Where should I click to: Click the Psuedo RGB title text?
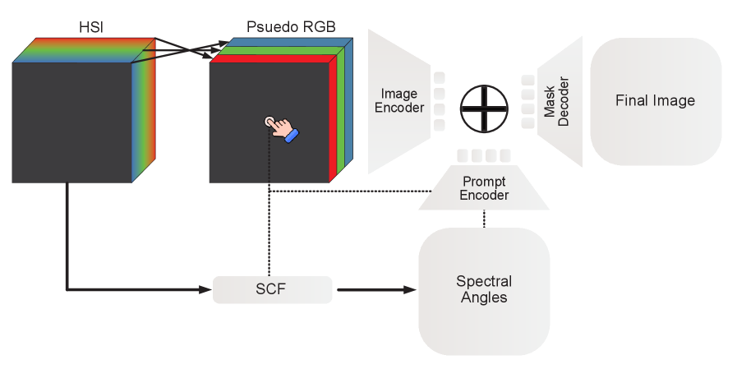pyautogui.click(x=291, y=25)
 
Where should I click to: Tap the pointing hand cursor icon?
pyautogui.click(x=282, y=129)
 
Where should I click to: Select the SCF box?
pyautogui.click(x=272, y=289)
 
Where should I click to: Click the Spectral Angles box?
pyautogui.click(x=484, y=290)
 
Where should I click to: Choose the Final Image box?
pyautogui.click(x=655, y=100)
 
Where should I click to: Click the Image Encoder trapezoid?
pyautogui.click(x=398, y=101)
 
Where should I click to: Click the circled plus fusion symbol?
pyautogui.click(x=484, y=108)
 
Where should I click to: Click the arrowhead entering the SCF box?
pyautogui.click(x=206, y=289)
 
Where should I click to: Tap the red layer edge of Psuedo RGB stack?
pyautogui.click(x=333, y=119)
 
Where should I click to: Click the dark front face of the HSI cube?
pyautogui.click(x=71, y=122)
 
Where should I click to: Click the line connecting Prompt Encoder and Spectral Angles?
pyautogui.click(x=484, y=219)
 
